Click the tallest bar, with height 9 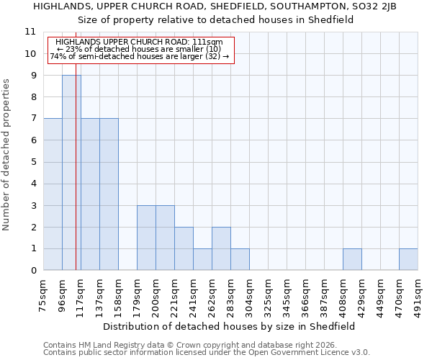(x=71, y=173)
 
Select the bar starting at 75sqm (x=53, y=194)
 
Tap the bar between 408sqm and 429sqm (x=352, y=259)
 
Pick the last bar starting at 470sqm (x=408, y=259)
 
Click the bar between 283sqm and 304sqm (x=240, y=259)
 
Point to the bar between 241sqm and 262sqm (x=202, y=259)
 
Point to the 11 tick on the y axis (x=30, y=32)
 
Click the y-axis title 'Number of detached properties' (x=7, y=155)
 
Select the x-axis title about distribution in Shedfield (x=230, y=326)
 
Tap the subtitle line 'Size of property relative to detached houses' (x=215, y=20)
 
